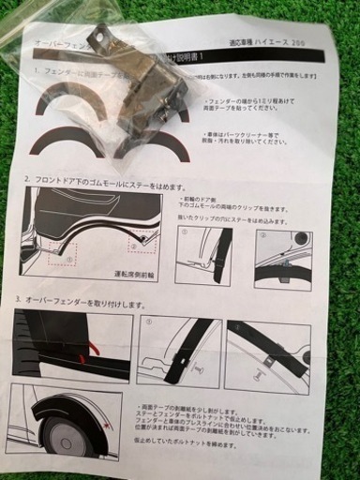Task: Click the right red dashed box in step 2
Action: click(x=142, y=243)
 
